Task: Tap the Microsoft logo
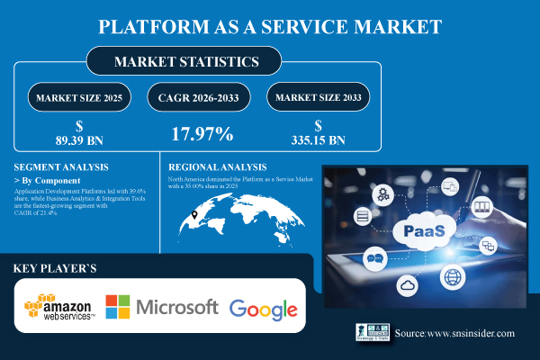point(162,307)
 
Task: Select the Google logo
point(263,309)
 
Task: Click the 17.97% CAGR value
point(203,134)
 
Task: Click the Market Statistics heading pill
point(184,62)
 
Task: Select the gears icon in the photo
point(383,193)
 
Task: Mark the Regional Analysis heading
point(218,166)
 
